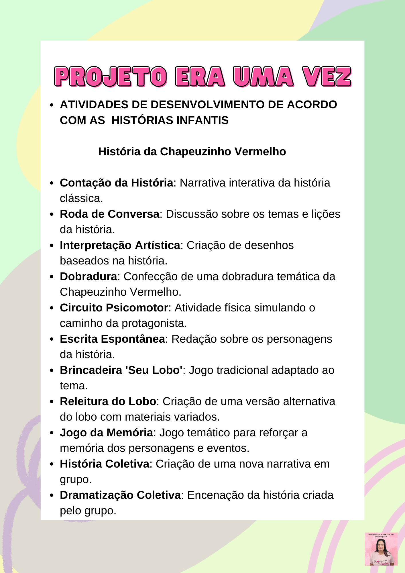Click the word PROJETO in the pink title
point(111,77)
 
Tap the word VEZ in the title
point(327,77)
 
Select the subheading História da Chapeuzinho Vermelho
point(192,152)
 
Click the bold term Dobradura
point(88,276)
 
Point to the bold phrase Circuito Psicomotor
point(114,308)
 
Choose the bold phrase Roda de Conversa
point(109,214)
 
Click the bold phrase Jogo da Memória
point(106,433)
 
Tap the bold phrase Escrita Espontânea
point(112,339)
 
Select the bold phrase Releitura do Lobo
point(108,401)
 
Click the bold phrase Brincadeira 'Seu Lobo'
point(121,370)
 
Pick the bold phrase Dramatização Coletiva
point(120,495)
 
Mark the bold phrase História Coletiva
point(104,464)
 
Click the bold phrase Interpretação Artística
point(120,245)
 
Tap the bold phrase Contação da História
point(116,183)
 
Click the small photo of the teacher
point(381,549)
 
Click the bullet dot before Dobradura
point(52,277)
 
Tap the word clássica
point(81,199)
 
